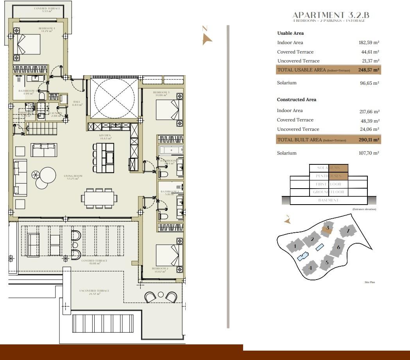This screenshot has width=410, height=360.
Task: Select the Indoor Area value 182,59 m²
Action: click(x=369, y=43)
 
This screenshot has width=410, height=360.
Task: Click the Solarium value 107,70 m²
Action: click(x=369, y=153)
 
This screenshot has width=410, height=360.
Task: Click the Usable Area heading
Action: click(x=290, y=33)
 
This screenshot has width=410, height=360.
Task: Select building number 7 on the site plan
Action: click(x=347, y=231)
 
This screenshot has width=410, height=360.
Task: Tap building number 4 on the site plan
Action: click(x=310, y=268)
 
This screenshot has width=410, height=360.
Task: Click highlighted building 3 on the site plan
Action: click(x=327, y=228)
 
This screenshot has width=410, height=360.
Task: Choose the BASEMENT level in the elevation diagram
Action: click(x=328, y=200)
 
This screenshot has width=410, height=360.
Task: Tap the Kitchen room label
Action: click(x=105, y=137)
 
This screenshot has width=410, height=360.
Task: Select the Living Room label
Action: click(x=73, y=177)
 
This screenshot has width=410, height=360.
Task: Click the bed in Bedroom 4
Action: click(x=27, y=44)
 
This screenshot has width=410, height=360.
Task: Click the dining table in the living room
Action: click(x=99, y=198)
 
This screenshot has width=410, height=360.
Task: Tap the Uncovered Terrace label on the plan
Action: click(x=94, y=292)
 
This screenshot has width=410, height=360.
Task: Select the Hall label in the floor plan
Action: click(x=77, y=103)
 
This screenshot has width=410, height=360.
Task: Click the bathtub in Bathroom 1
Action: click(x=171, y=150)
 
